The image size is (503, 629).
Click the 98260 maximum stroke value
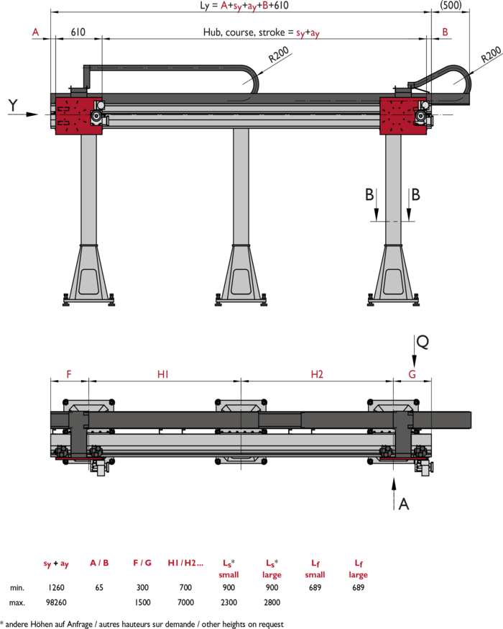coord(56,602)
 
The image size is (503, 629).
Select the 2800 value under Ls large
coord(272,602)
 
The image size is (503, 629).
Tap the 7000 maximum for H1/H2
coord(185,602)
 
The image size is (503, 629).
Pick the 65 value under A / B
coord(99,587)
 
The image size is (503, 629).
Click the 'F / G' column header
coord(142,563)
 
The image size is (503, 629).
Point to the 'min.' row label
coord(17,588)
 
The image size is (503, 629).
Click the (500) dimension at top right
coord(451,5)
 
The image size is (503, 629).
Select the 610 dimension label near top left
coord(78,32)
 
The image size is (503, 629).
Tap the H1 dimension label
coord(162,374)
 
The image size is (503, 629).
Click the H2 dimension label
coord(317,374)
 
